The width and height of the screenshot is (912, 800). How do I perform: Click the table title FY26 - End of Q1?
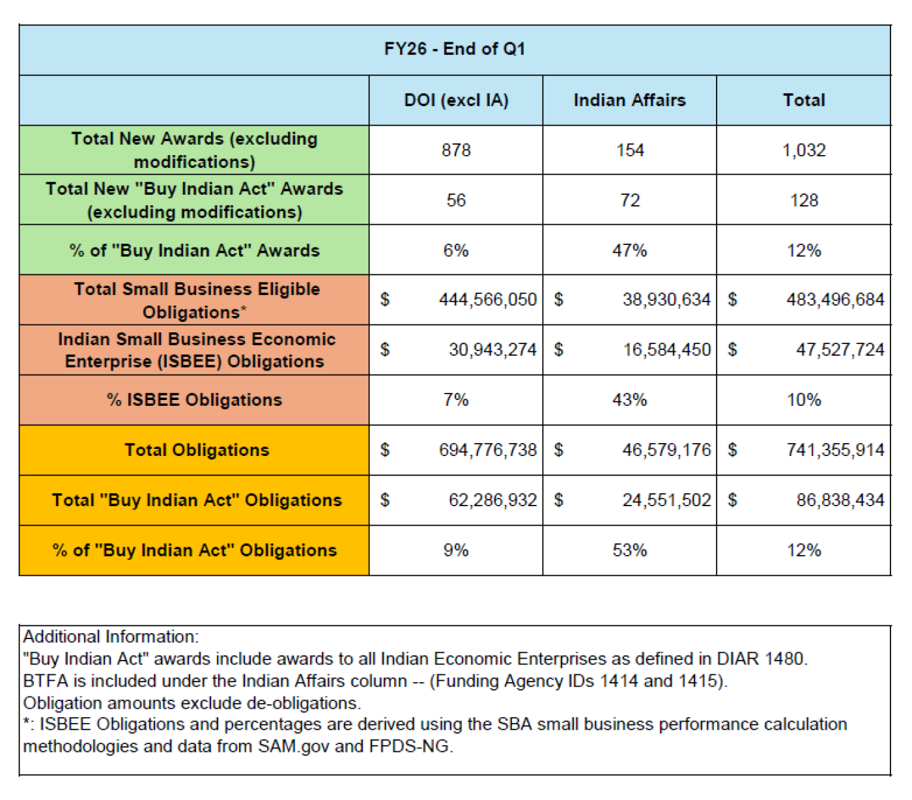point(455,50)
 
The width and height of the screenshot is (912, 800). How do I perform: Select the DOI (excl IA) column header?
point(456,100)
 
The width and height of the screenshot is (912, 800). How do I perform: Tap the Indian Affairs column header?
point(629,100)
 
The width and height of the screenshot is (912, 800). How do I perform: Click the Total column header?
point(804,100)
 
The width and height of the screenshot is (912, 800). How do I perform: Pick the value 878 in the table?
point(456,150)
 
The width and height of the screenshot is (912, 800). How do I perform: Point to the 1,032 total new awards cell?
point(804,150)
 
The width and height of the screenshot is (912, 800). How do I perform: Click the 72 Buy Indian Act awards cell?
point(629,201)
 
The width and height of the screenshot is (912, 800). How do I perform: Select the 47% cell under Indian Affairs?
point(629,251)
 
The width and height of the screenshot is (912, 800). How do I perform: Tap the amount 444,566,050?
point(487,300)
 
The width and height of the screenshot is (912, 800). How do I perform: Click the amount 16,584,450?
point(666,350)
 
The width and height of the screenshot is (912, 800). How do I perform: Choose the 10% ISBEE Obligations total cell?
point(804,400)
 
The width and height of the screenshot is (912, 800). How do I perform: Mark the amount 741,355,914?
point(835,450)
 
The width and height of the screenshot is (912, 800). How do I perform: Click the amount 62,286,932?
point(492,500)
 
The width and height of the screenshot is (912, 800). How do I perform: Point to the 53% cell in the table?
point(629,550)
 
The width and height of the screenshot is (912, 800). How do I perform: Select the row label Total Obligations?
point(197,450)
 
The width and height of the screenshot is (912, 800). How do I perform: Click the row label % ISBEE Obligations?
point(195,400)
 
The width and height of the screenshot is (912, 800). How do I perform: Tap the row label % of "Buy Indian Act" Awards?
point(195,251)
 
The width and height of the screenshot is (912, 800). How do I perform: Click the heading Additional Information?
point(111,636)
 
